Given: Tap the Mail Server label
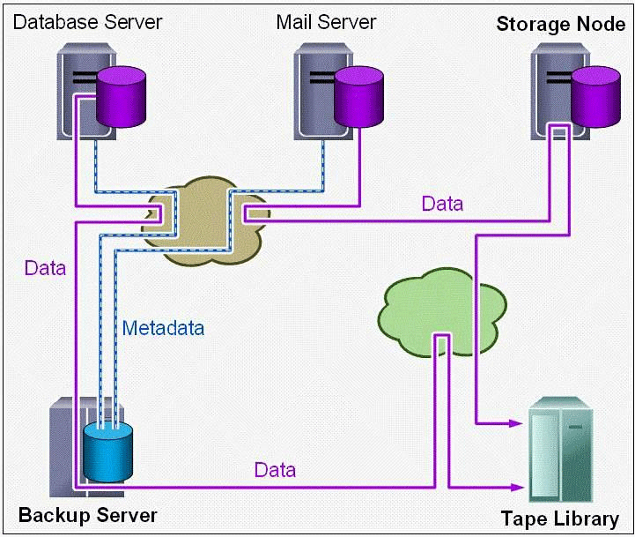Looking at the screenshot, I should (x=326, y=21).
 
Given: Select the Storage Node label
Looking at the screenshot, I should (x=561, y=24).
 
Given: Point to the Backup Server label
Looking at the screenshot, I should (x=88, y=514).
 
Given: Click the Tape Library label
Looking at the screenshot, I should (x=560, y=518).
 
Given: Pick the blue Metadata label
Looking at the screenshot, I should (x=164, y=329).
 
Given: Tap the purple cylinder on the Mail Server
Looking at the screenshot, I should (x=358, y=96).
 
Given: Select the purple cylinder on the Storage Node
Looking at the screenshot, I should (x=595, y=96).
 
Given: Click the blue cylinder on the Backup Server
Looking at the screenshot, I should (x=107, y=451).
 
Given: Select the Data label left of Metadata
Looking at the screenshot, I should (x=46, y=267).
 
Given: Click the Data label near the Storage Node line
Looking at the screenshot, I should (x=442, y=205).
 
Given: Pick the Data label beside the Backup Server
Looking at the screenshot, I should (x=275, y=470).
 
